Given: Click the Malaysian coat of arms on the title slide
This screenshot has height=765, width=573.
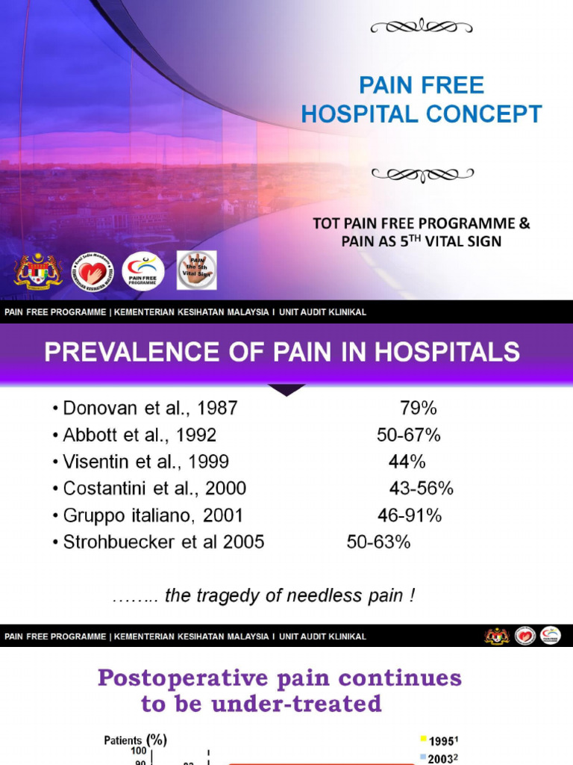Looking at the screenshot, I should click(37, 271).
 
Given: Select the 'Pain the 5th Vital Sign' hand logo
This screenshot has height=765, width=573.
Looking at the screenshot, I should click(197, 270).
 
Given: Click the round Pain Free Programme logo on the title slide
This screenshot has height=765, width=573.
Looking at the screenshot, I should click(143, 271).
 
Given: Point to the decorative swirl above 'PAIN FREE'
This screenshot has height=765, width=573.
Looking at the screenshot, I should click(422, 28).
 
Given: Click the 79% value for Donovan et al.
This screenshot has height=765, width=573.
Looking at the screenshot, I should click(418, 408).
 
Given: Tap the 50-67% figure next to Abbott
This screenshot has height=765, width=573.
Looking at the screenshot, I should click(408, 435).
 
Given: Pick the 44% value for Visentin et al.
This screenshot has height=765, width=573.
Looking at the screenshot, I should click(407, 462).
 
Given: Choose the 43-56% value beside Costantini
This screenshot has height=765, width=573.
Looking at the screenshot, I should click(421, 489).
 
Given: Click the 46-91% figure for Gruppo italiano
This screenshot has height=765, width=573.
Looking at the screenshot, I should click(410, 515).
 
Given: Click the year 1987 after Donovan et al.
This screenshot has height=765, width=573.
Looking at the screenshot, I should click(219, 408).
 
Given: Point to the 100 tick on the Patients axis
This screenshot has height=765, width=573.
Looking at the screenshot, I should click(138, 750).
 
